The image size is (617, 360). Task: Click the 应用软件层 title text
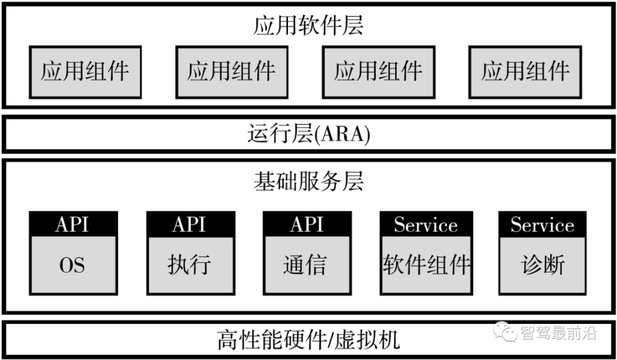[308, 26]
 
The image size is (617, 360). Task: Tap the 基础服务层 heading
[308, 182]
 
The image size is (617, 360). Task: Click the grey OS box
[73, 265]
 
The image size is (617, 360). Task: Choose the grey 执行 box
[190, 265]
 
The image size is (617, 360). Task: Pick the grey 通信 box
[307, 265]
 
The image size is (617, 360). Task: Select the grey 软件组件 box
[426, 265]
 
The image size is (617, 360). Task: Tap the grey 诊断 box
[543, 265]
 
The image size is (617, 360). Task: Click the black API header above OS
[73, 224]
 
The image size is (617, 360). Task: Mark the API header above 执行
[190, 224]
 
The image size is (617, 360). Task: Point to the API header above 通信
[307, 224]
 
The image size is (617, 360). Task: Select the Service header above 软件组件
[426, 224]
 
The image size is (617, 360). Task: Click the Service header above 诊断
[543, 224]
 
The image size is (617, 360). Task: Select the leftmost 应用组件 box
[85, 71]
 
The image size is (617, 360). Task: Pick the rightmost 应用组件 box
[525, 71]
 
